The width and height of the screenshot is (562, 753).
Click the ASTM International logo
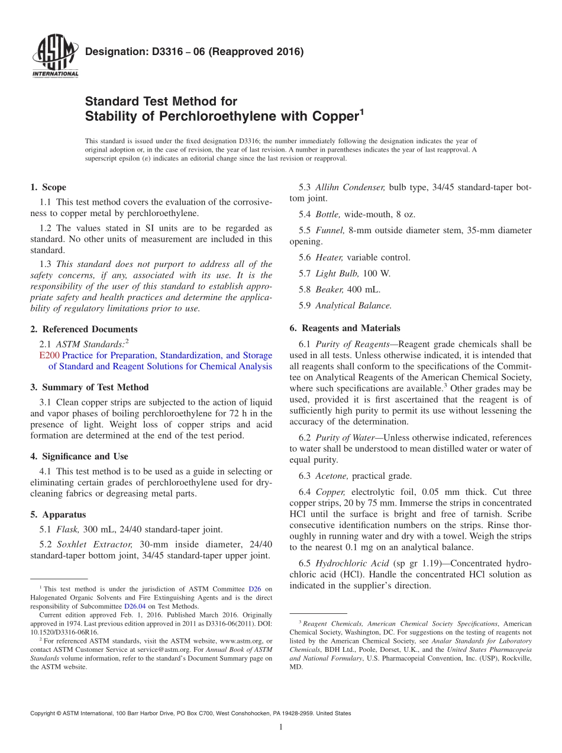click(x=55, y=57)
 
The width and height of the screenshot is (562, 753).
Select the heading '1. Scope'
click(x=48, y=187)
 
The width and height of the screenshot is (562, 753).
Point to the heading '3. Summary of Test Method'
click(x=89, y=387)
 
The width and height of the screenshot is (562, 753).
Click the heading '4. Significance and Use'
click(x=79, y=456)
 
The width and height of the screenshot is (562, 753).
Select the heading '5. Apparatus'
click(x=58, y=514)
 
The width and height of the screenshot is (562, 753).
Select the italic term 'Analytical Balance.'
click(x=353, y=305)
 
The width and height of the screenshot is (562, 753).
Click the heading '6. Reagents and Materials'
click(x=345, y=328)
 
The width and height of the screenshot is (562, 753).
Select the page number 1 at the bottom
click(x=280, y=727)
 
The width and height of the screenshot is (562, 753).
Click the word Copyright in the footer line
click(x=45, y=713)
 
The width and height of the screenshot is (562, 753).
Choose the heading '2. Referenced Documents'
click(x=84, y=329)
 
